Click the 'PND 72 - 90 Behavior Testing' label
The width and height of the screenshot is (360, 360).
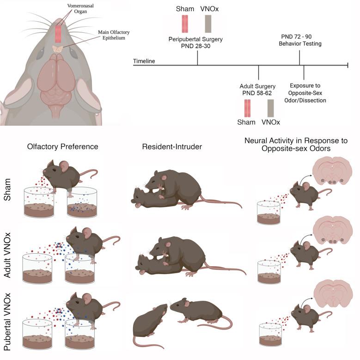click(x=300, y=40)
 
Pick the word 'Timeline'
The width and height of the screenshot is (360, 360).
click(x=144, y=61)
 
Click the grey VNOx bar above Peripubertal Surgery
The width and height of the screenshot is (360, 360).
click(x=208, y=24)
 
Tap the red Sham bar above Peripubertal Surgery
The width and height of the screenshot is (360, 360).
click(x=185, y=24)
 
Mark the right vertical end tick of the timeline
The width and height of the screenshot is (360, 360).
click(x=348, y=66)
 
